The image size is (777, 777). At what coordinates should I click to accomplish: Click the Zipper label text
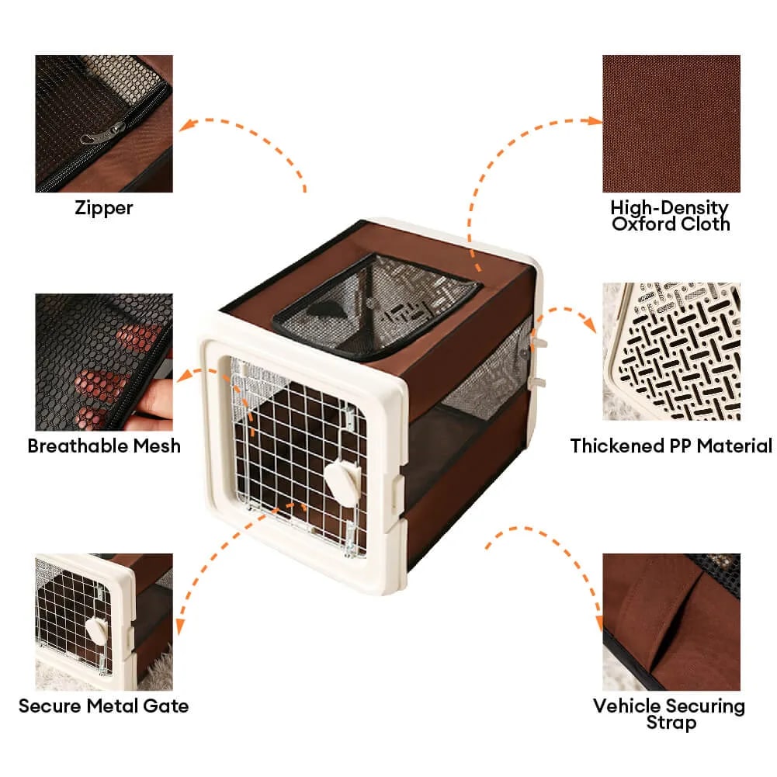pyautogui.click(x=103, y=207)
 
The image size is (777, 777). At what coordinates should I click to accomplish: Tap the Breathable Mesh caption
pyautogui.click(x=104, y=446)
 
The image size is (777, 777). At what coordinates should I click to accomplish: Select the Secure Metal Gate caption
pyautogui.click(x=103, y=706)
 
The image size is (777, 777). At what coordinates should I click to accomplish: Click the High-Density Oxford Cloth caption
pyautogui.click(x=671, y=216)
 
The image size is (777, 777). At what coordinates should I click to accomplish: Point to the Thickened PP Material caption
pyautogui.click(x=671, y=446)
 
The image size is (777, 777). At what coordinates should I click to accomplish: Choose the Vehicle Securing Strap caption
pyautogui.click(x=669, y=713)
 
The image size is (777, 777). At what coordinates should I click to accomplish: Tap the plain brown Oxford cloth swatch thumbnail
pyautogui.click(x=671, y=124)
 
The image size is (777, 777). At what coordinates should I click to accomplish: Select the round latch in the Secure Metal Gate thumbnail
pyautogui.click(x=97, y=631)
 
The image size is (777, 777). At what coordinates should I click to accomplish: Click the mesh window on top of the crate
pyautogui.click(x=376, y=307)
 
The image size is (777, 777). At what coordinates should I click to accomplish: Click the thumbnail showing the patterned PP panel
pyautogui.click(x=671, y=352)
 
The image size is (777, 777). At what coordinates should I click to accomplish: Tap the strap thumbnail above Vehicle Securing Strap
pyautogui.click(x=671, y=622)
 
